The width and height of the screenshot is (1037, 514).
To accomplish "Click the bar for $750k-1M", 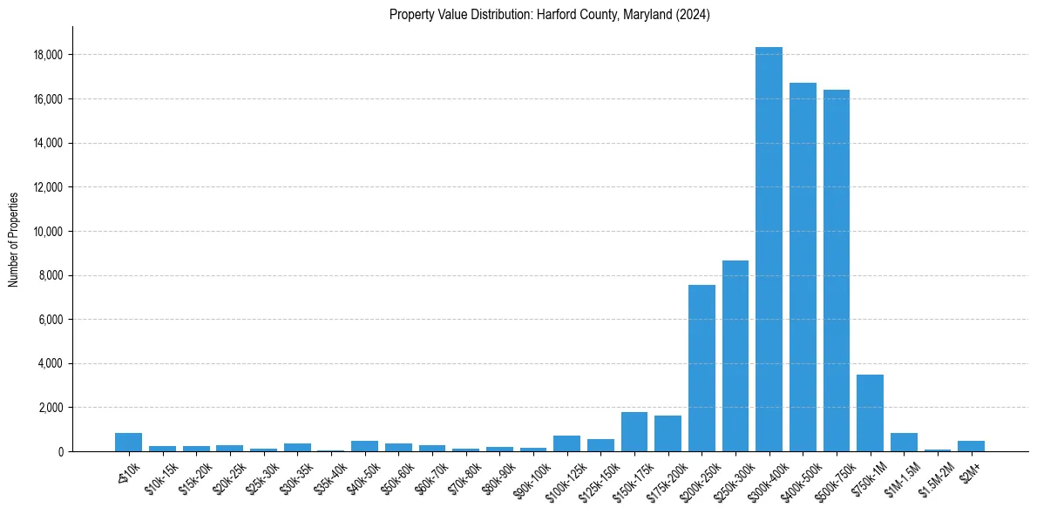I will (870, 413).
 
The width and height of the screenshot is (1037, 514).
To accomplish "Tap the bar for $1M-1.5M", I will (904, 442).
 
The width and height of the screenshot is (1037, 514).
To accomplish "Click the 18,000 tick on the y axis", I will (47, 55).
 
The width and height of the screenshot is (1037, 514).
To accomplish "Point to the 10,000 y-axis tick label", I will (47, 232).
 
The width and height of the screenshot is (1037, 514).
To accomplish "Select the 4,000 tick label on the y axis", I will (50, 363).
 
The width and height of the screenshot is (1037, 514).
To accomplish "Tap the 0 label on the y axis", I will (60, 451).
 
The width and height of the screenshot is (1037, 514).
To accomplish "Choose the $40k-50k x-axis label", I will (363, 477).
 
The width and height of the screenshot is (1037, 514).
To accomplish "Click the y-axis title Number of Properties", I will (13, 239).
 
